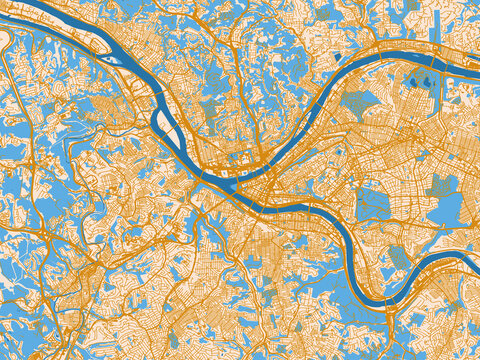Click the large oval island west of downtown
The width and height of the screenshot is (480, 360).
169,125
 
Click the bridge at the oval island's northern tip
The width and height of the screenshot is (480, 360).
161,100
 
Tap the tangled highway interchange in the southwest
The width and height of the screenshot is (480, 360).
88,270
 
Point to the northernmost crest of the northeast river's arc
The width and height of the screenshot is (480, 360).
400,51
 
